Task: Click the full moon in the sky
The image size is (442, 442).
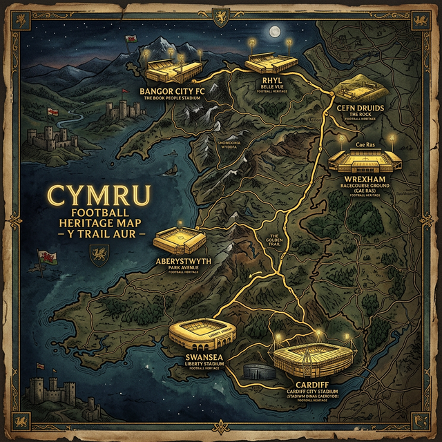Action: click(x=276, y=31)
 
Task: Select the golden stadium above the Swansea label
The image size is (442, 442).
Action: click(x=198, y=333)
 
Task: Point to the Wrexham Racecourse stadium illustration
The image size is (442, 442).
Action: click(x=364, y=160)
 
